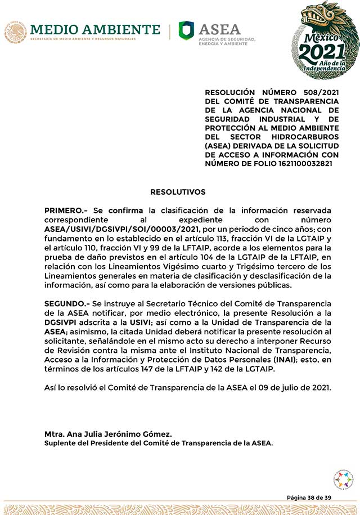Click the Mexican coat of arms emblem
tap(15, 32)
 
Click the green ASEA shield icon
tap(186, 31)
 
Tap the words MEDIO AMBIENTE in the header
tap(95, 29)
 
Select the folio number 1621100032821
tap(308, 163)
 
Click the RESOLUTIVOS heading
tap(178, 192)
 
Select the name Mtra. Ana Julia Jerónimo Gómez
tap(108, 434)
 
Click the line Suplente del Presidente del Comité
tap(158, 443)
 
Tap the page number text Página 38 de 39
tap(309, 498)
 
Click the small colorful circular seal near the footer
tap(343, 479)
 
